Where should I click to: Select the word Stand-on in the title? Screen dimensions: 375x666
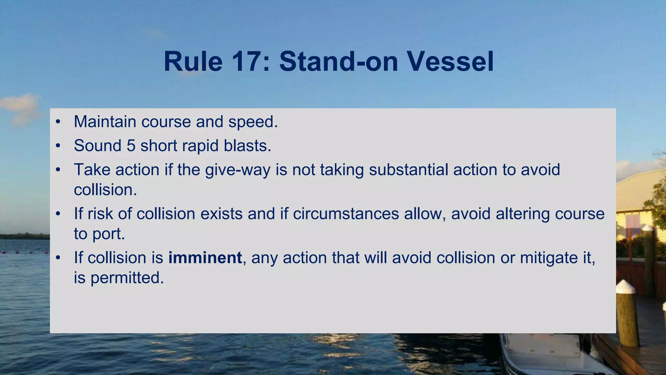(x=339, y=62)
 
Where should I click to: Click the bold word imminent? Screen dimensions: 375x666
(x=205, y=258)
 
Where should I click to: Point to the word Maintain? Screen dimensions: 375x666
(x=105, y=122)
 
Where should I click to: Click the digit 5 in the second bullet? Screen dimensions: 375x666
(x=131, y=146)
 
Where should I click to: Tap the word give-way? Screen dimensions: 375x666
(x=237, y=170)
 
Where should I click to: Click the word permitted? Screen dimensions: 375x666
(x=127, y=278)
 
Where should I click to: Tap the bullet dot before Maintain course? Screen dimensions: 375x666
(x=58, y=122)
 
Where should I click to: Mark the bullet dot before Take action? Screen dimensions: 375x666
(x=58, y=170)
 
